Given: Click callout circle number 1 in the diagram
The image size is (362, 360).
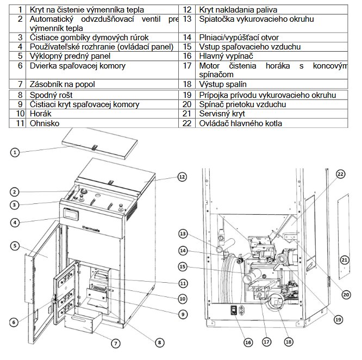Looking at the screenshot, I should point(16,153).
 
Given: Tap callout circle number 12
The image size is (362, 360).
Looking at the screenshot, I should point(181,177).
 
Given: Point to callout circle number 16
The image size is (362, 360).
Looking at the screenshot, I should point(248,342).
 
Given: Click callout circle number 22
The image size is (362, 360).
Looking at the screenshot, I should point(340,175).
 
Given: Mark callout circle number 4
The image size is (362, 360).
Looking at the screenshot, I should point(16,221).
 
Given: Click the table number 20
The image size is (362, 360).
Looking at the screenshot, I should point(186,104).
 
